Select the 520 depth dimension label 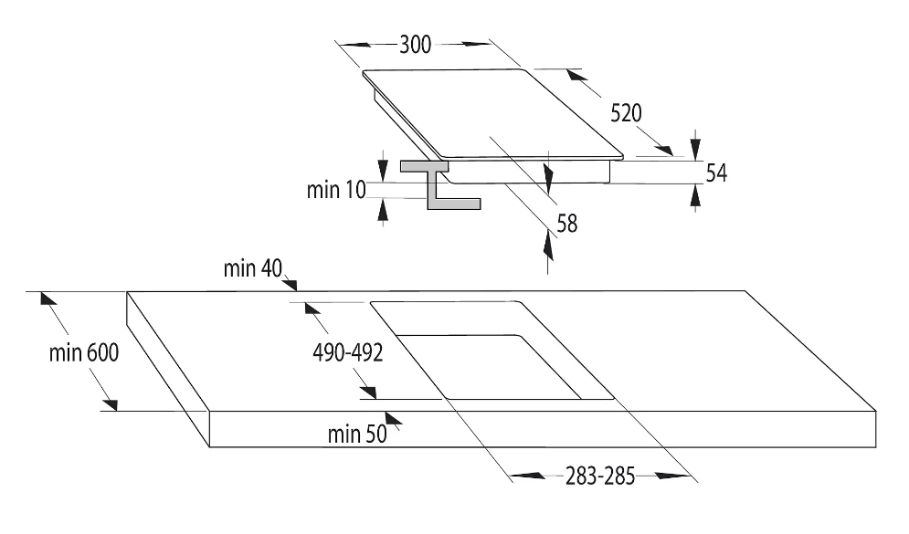coord(627,113)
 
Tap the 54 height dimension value coord(716,173)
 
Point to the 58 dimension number coord(567,222)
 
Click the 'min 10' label coord(337,190)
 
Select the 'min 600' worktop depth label coord(84,353)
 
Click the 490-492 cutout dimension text coord(349,352)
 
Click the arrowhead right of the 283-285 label coord(672,475)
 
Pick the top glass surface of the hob coord(493,114)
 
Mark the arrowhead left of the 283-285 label coord(523,475)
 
